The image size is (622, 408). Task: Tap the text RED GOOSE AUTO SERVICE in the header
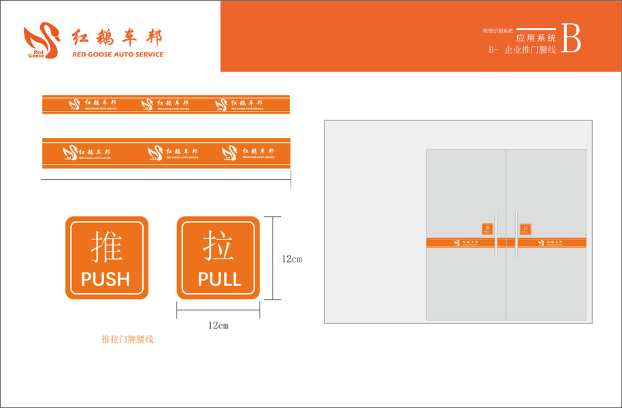click(118, 54)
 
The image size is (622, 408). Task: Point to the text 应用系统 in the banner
click(536, 38)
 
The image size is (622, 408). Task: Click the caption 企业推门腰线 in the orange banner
click(530, 50)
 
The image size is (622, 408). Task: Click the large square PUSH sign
click(106, 258)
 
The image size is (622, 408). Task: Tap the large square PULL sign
click(218, 258)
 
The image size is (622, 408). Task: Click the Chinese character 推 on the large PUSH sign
click(106, 246)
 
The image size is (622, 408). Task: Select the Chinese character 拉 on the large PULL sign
click(218, 246)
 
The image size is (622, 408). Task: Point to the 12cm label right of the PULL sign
click(291, 259)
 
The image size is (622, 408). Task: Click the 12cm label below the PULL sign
click(218, 326)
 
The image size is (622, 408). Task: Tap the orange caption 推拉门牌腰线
click(127, 339)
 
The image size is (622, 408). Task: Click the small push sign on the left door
click(487, 229)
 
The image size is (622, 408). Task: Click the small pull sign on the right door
click(525, 229)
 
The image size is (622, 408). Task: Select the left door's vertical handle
click(497, 235)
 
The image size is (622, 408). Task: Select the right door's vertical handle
click(515, 235)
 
